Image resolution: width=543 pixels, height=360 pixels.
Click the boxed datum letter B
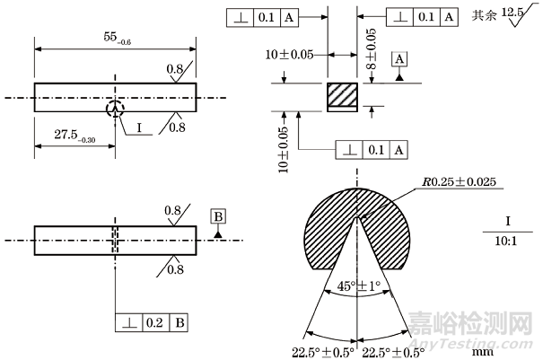(x=218, y=215)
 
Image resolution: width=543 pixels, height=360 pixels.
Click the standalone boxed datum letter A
(x=399, y=58)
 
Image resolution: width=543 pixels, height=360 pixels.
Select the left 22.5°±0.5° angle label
(x=320, y=350)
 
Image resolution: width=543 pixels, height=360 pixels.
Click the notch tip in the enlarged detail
(x=358, y=215)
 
